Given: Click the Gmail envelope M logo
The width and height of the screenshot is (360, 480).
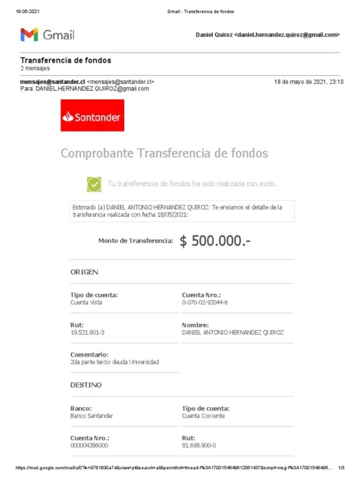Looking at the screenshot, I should (29, 35).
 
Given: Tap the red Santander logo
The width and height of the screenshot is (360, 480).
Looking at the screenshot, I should (92, 116).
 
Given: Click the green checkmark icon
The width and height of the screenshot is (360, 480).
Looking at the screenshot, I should (94, 184).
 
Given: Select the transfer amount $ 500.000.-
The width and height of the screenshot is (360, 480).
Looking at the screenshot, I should (215, 241).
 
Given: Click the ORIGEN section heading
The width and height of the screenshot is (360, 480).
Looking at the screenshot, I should (84, 272).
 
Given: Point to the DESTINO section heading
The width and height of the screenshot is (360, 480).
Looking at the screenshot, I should (86, 385).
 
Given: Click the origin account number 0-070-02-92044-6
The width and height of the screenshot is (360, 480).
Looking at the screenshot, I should (205, 302).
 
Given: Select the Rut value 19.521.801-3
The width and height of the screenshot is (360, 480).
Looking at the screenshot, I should (87, 332).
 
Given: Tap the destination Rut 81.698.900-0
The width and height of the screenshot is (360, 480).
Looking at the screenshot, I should (199, 446).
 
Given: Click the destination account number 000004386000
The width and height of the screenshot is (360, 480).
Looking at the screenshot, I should (89, 446).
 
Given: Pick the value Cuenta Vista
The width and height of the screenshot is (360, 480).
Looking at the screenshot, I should (86, 302).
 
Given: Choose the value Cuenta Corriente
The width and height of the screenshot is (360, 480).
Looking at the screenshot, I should (203, 415).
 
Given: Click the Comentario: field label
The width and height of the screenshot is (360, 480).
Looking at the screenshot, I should (89, 355).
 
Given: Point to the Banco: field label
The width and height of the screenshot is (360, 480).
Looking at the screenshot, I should (81, 408).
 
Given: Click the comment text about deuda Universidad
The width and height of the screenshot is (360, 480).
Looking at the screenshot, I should (115, 362).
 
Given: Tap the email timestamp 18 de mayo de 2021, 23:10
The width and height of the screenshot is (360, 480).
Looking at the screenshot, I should (308, 82).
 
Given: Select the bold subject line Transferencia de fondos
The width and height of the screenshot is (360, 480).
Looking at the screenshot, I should (65, 61).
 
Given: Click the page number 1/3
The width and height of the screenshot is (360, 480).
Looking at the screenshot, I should (341, 467).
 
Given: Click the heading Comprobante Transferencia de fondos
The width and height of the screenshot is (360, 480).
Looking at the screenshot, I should (164, 153).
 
